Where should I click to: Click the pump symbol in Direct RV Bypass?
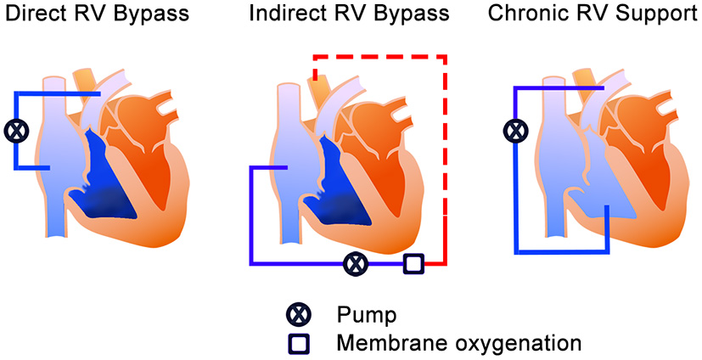click(15, 131)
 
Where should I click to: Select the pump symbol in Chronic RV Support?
click(514, 131)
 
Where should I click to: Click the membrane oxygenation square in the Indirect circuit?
click(413, 263)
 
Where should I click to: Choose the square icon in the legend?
click(298, 343)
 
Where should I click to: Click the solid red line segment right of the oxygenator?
click(434, 263)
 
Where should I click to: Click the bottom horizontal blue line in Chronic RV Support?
click(560, 252)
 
